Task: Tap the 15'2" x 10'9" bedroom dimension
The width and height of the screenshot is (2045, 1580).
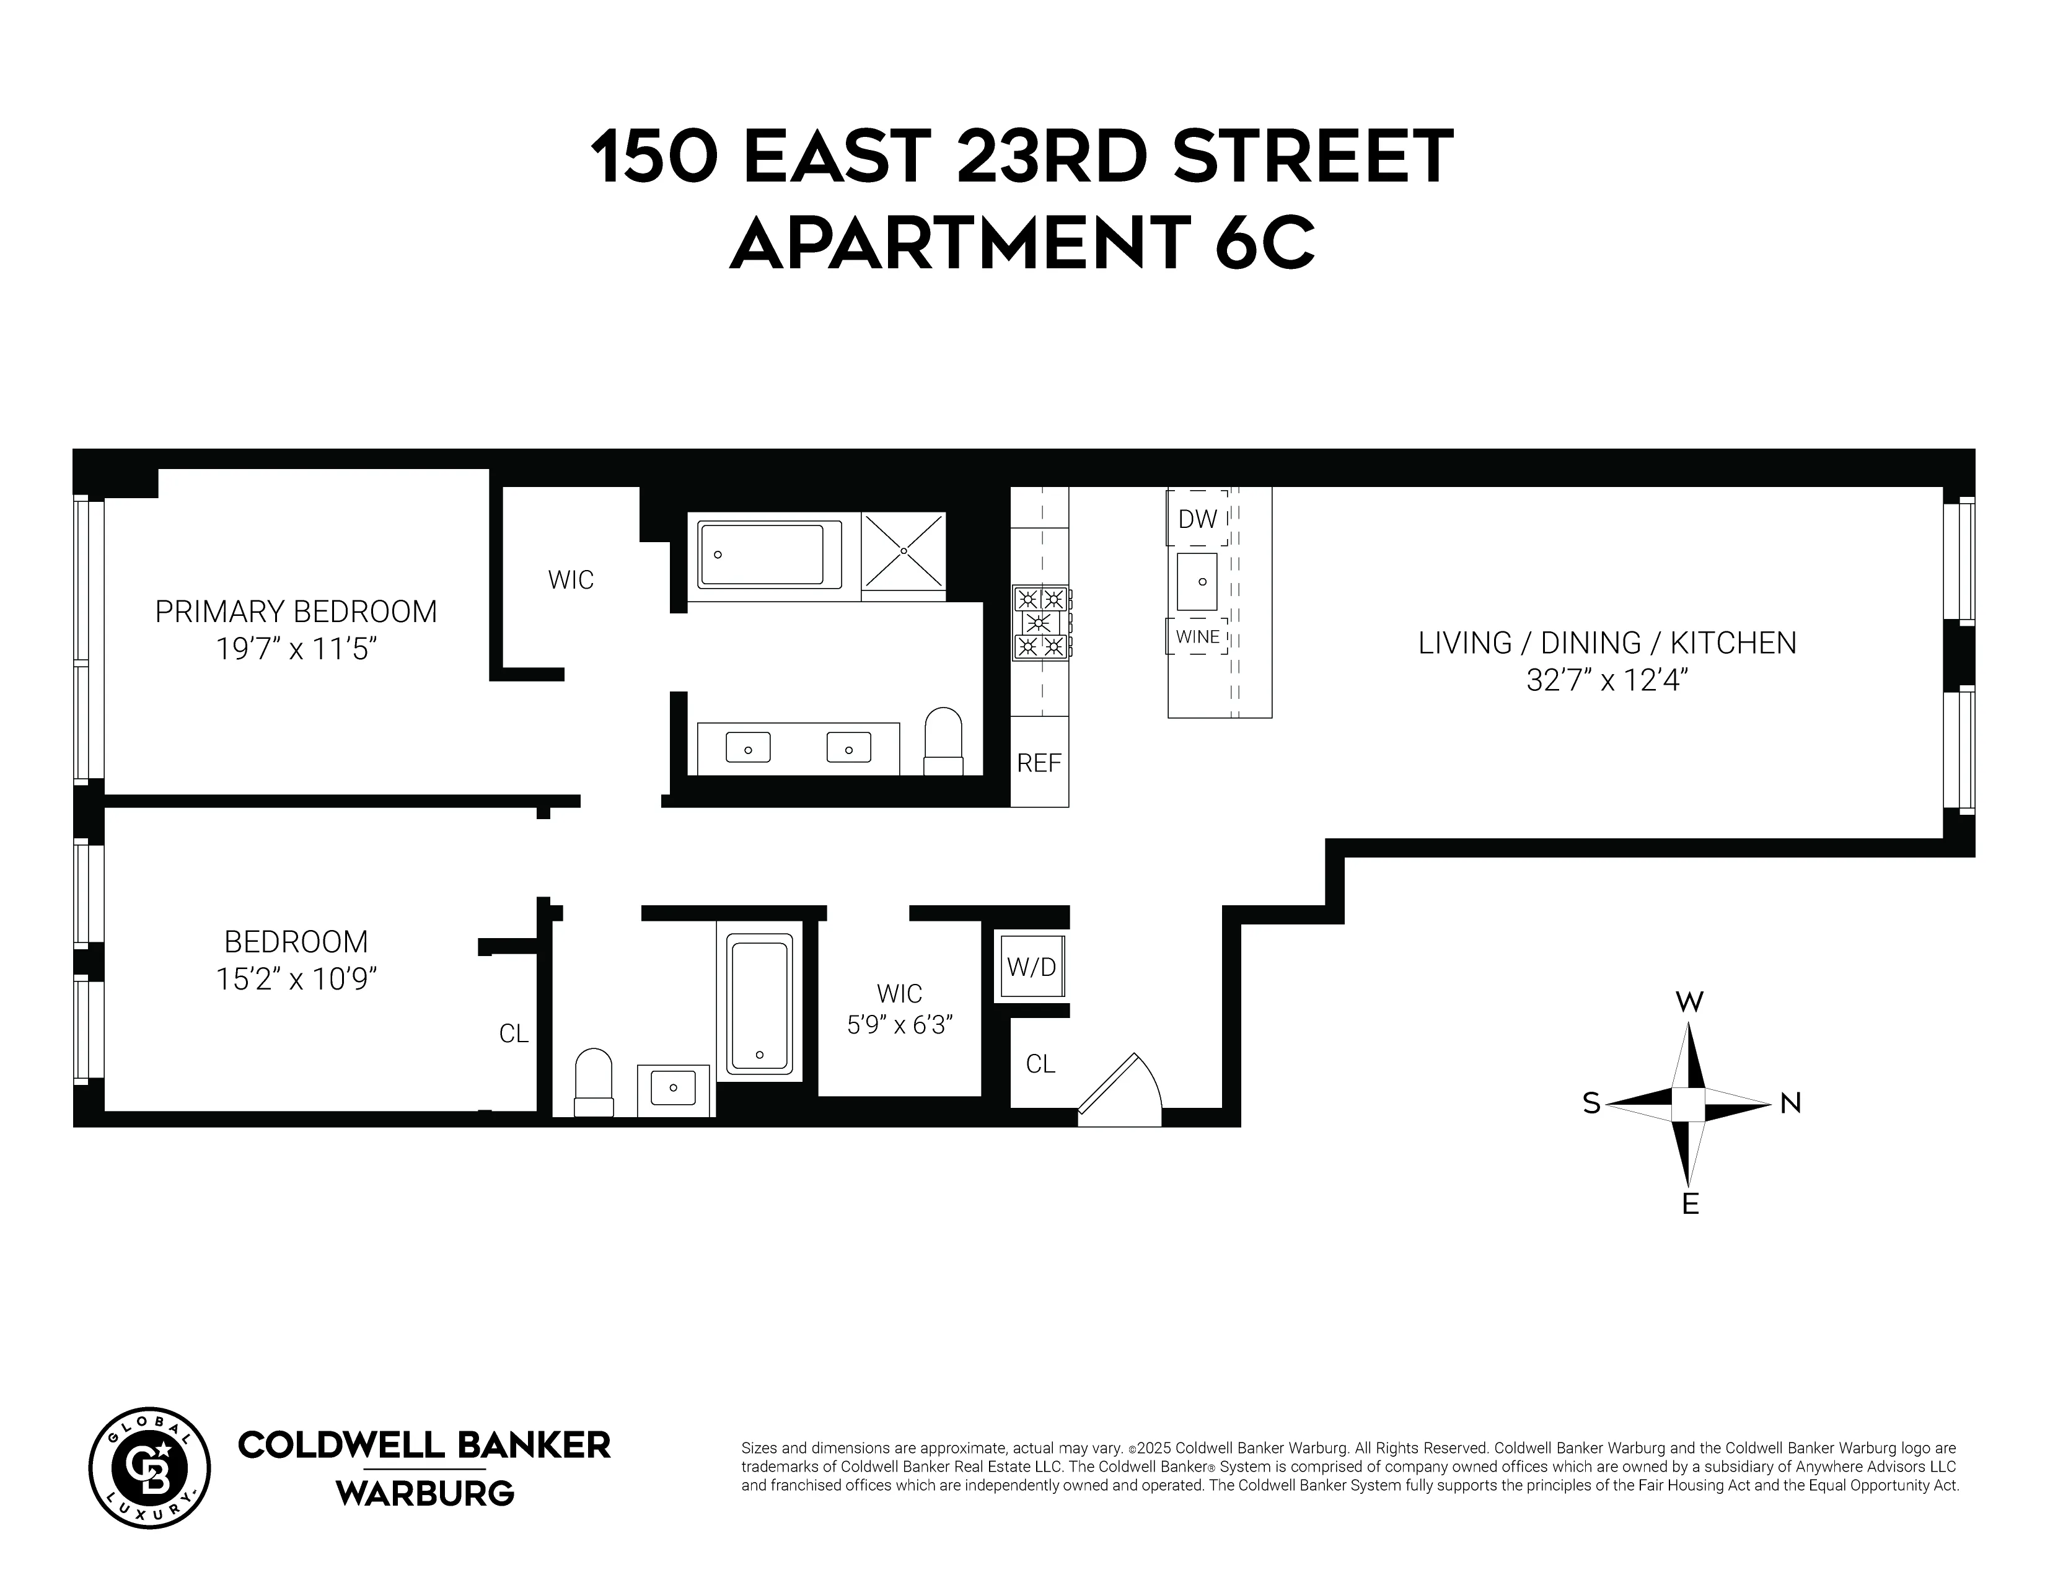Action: tap(296, 979)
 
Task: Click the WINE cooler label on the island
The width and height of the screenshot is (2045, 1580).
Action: tap(1198, 636)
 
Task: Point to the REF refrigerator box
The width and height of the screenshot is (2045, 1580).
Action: tap(1039, 763)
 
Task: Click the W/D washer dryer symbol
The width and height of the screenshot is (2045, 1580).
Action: tap(1031, 967)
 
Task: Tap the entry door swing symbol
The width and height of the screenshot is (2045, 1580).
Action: tap(1120, 1091)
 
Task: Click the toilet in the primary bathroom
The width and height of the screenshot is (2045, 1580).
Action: tap(943, 741)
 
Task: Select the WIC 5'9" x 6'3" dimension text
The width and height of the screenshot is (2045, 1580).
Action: tap(900, 1025)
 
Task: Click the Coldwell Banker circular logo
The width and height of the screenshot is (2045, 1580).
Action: tap(150, 1468)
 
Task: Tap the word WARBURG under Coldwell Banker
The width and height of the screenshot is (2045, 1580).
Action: tap(425, 1493)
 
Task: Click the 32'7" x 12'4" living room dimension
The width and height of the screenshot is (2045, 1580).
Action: tap(1607, 680)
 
